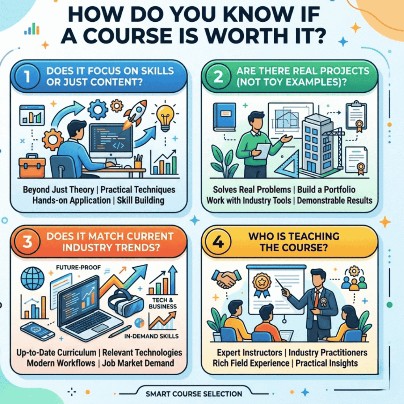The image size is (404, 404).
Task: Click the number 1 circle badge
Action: click(x=28, y=77)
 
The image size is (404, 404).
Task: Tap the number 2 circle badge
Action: click(x=218, y=77)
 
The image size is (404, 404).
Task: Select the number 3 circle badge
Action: click(x=28, y=242)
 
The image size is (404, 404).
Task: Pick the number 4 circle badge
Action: click(x=218, y=242)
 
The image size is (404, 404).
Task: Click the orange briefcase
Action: click(x=32, y=166)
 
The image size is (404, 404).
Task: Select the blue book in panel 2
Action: click(x=224, y=117)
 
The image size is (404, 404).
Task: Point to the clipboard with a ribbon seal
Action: click(x=356, y=116)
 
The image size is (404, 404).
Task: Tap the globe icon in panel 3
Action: click(x=32, y=279)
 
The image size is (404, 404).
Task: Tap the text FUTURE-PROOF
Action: click(x=79, y=268)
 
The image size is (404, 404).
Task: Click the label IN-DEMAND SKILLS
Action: click(x=151, y=336)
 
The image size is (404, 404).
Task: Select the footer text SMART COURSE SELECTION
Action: click(x=194, y=394)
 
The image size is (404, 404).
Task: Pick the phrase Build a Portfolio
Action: click(x=326, y=190)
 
